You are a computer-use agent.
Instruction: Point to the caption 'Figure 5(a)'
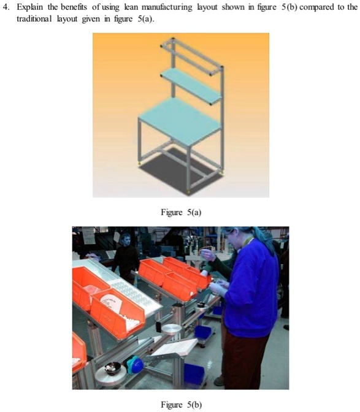pyautogui.click(x=180, y=212)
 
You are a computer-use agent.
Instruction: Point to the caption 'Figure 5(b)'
pyautogui.click(x=180, y=405)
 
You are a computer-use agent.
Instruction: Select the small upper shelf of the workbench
pyautogui.click(x=190, y=82)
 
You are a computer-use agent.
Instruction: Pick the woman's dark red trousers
pyautogui.click(x=242, y=356)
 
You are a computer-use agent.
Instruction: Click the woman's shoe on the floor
pyautogui.click(x=219, y=381)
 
